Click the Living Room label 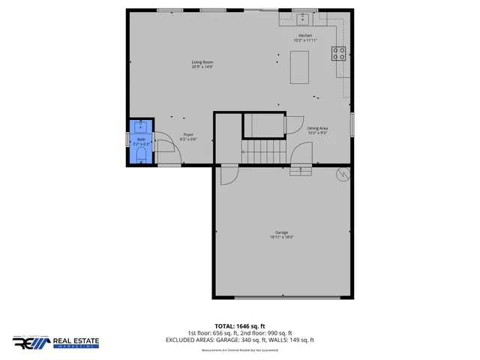[202, 61]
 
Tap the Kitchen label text [304, 35]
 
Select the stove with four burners [339, 53]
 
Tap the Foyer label [188, 135]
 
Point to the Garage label [281, 232]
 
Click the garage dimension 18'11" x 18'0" [281, 238]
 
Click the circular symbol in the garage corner [344, 175]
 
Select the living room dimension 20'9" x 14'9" [202, 67]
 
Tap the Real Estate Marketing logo [55, 343]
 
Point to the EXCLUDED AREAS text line [239, 340]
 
